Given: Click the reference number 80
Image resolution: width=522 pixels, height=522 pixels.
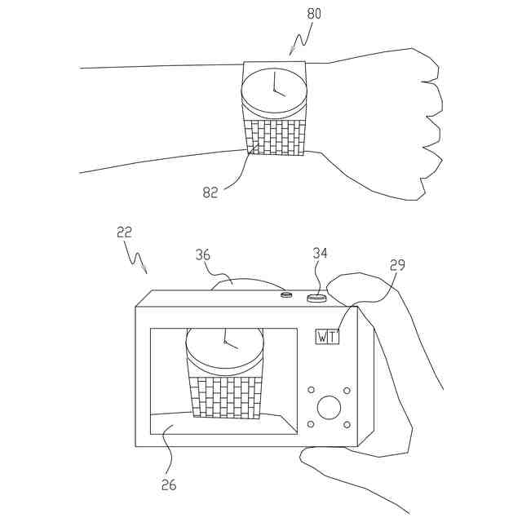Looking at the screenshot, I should point(313,14).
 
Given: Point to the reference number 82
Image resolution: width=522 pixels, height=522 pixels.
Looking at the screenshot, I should point(210,192).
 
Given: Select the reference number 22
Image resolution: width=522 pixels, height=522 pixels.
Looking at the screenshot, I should point(124,232).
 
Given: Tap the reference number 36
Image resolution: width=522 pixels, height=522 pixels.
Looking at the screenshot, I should point(203,254).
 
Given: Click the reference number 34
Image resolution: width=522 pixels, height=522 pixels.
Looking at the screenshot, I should point(320,254).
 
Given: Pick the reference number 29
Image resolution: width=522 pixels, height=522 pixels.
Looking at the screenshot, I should point(397,265).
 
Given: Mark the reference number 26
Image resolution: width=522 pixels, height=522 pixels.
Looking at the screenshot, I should point(168,484).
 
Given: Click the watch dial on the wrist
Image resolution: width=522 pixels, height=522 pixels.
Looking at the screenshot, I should point(275,91).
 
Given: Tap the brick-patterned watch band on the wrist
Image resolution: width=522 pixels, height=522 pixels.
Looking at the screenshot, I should point(275,137).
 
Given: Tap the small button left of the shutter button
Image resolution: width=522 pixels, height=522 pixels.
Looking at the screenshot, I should point(286,294).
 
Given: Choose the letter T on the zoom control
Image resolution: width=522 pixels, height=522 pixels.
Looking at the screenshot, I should point(333,337).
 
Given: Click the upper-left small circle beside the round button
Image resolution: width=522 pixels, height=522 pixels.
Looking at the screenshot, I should point(311,390).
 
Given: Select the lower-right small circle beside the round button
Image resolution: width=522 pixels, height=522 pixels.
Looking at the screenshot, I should point(347,424).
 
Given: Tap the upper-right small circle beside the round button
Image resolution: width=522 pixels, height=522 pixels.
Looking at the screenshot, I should point(347,390).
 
